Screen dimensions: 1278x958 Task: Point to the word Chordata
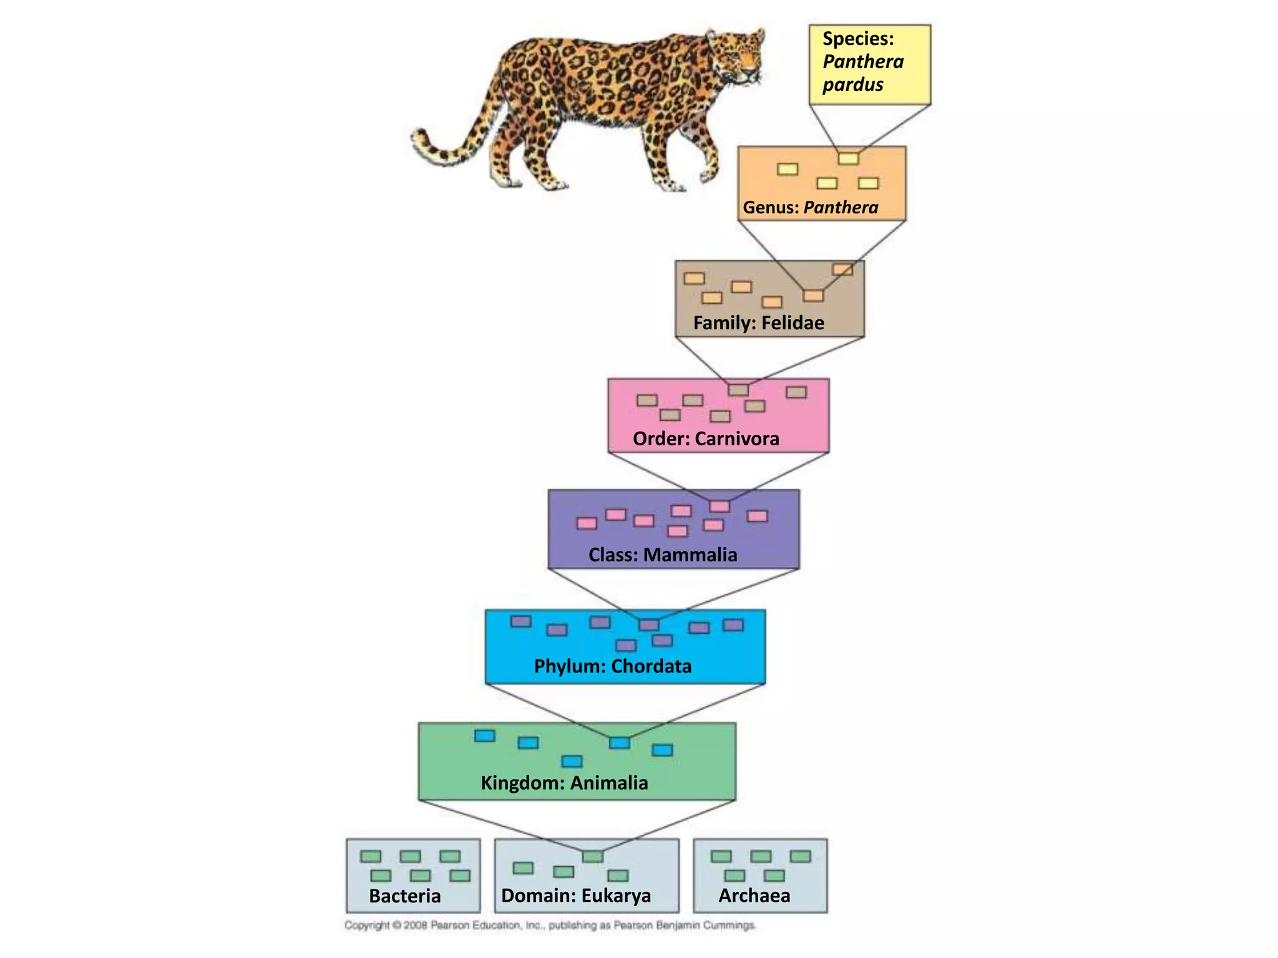pos(651,667)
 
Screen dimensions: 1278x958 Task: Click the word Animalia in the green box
pos(609,783)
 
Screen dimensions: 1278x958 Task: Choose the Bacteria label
pos(404,896)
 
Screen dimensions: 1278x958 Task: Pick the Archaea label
pos(754,896)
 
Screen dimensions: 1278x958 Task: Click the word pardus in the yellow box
pos(852,85)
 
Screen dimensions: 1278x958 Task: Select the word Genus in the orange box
pos(769,208)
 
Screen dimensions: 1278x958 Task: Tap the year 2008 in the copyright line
pos(415,926)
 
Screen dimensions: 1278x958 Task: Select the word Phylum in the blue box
pos(568,667)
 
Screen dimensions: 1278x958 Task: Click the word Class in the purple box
pos(612,555)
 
